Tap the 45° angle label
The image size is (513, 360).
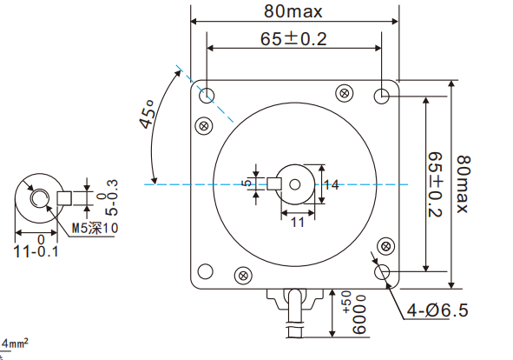148,115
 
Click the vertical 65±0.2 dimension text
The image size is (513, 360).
436,184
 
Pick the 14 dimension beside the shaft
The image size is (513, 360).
331,184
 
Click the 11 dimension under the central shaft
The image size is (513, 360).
296,223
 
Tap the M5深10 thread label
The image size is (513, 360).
94,227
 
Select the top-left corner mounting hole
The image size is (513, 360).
208,94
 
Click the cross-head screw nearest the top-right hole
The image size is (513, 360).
345,91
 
